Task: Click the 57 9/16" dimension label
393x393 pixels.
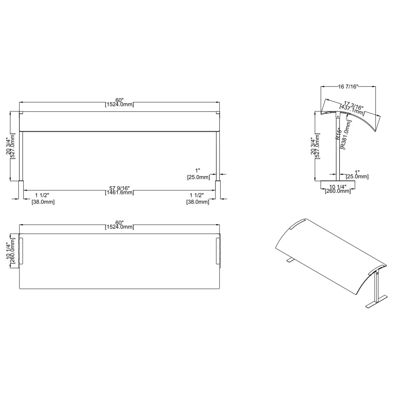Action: pyautogui.click(x=120, y=188)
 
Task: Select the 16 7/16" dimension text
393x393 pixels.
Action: pyautogui.click(x=348, y=86)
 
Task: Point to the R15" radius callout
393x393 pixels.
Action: pyautogui.click(x=339, y=134)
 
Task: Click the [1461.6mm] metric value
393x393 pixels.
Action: pyautogui.click(x=120, y=193)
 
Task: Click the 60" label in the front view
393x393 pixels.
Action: pyautogui.click(x=120, y=100)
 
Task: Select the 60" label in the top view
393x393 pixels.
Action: pyautogui.click(x=120, y=222)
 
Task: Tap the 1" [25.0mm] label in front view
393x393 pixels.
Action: pyautogui.click(x=198, y=174)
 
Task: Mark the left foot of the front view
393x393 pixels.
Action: pyautogui.click(x=21, y=190)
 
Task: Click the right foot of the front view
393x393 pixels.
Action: pyautogui.click(x=218, y=190)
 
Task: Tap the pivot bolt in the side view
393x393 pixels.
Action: pyautogui.click(x=338, y=116)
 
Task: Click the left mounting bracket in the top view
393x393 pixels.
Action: pyautogui.click(x=21, y=251)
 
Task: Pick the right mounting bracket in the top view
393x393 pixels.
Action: pyautogui.click(x=218, y=251)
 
